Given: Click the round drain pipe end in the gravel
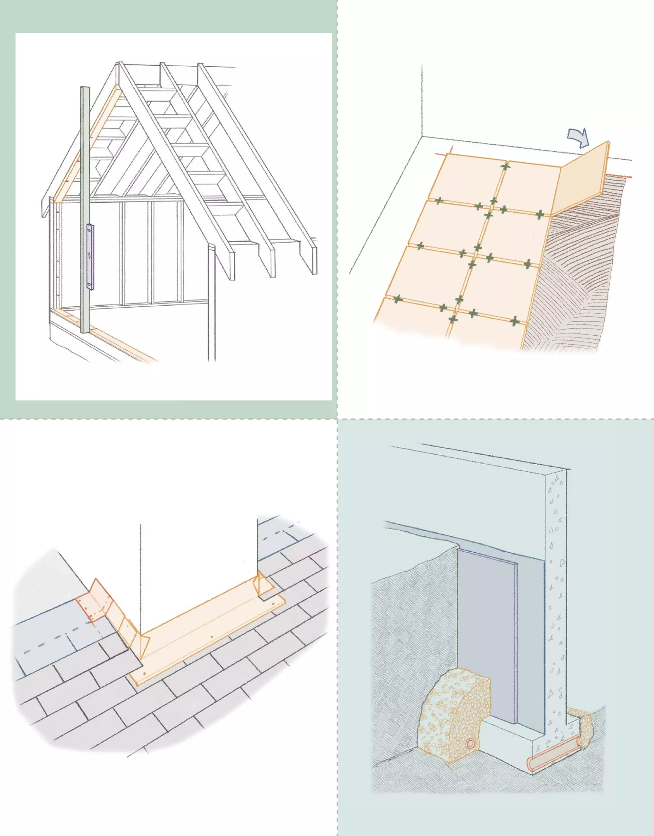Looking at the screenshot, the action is coord(470,754).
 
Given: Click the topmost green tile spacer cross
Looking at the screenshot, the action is coord(506,166).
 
